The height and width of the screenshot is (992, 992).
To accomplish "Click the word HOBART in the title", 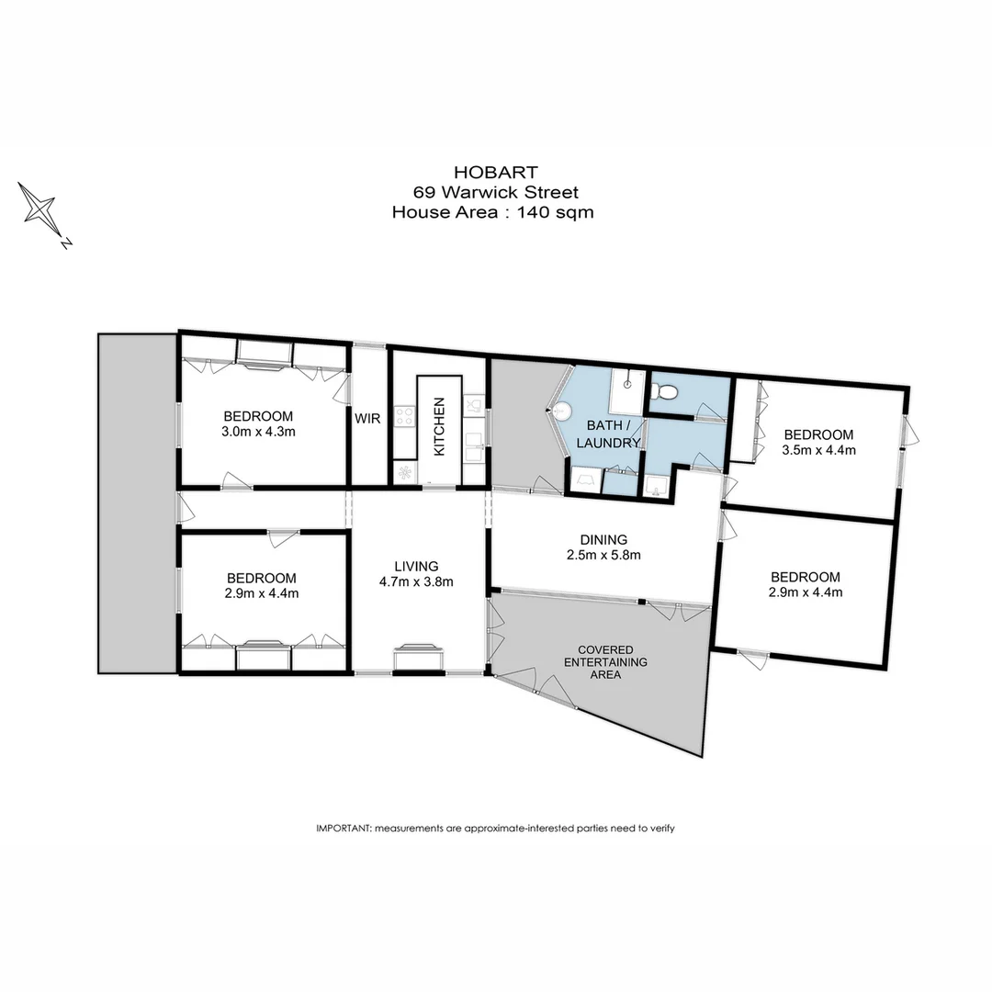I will (x=496, y=172).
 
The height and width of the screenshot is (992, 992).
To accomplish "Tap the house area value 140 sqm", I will (x=556, y=213).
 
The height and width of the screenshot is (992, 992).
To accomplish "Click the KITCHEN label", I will (x=439, y=427).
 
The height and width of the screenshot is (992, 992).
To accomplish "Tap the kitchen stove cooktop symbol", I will (x=404, y=417).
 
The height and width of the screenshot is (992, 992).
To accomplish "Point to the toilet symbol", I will (x=665, y=392).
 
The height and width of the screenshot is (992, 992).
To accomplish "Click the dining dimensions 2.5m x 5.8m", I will (x=603, y=555).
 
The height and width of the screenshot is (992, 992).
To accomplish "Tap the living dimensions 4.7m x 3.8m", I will (x=417, y=581).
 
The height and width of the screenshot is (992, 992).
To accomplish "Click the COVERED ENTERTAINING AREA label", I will (x=605, y=661).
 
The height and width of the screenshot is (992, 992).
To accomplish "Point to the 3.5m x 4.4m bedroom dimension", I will (x=817, y=450).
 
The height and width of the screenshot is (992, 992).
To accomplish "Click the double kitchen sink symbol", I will (x=474, y=450).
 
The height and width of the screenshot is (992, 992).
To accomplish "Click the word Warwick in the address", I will (x=481, y=192).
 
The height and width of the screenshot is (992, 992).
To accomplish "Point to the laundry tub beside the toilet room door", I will (x=656, y=485).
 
